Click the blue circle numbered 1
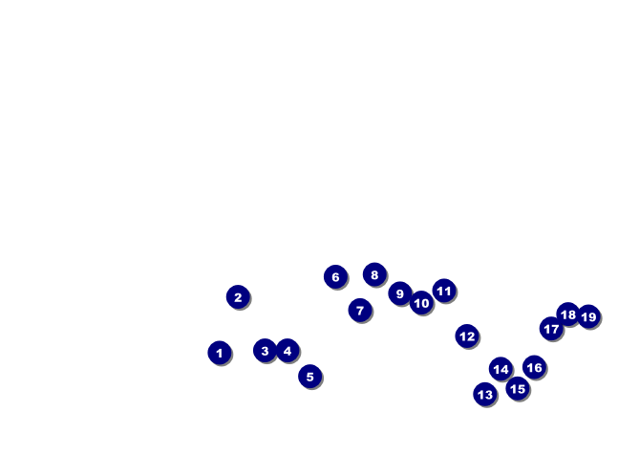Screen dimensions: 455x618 tap(219, 353)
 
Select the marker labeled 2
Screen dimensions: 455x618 tap(238, 297)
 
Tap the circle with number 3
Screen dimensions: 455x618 tap(265, 351)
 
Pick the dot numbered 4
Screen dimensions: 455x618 tap(288, 351)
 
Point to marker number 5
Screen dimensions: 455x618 tap(309, 377)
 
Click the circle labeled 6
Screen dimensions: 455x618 tap(335, 277)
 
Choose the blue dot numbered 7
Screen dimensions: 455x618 tap(360, 310)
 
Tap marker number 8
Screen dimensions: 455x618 tap(374, 275)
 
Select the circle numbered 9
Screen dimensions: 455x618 tap(400, 293)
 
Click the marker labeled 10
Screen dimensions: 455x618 tap(421, 303)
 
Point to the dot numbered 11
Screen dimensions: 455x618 tap(444, 291)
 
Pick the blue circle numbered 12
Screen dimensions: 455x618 tap(466, 336)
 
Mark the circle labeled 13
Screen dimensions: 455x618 tap(485, 394)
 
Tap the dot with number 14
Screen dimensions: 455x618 tap(501, 369)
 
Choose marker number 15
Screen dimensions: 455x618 tap(517, 389)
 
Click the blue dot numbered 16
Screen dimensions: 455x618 tap(534, 367)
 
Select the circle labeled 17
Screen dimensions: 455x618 tap(551, 329)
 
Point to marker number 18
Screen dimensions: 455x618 tap(568, 314)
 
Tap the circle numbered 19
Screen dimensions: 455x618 tap(588, 316)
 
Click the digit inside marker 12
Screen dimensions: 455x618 tap(466, 336)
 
